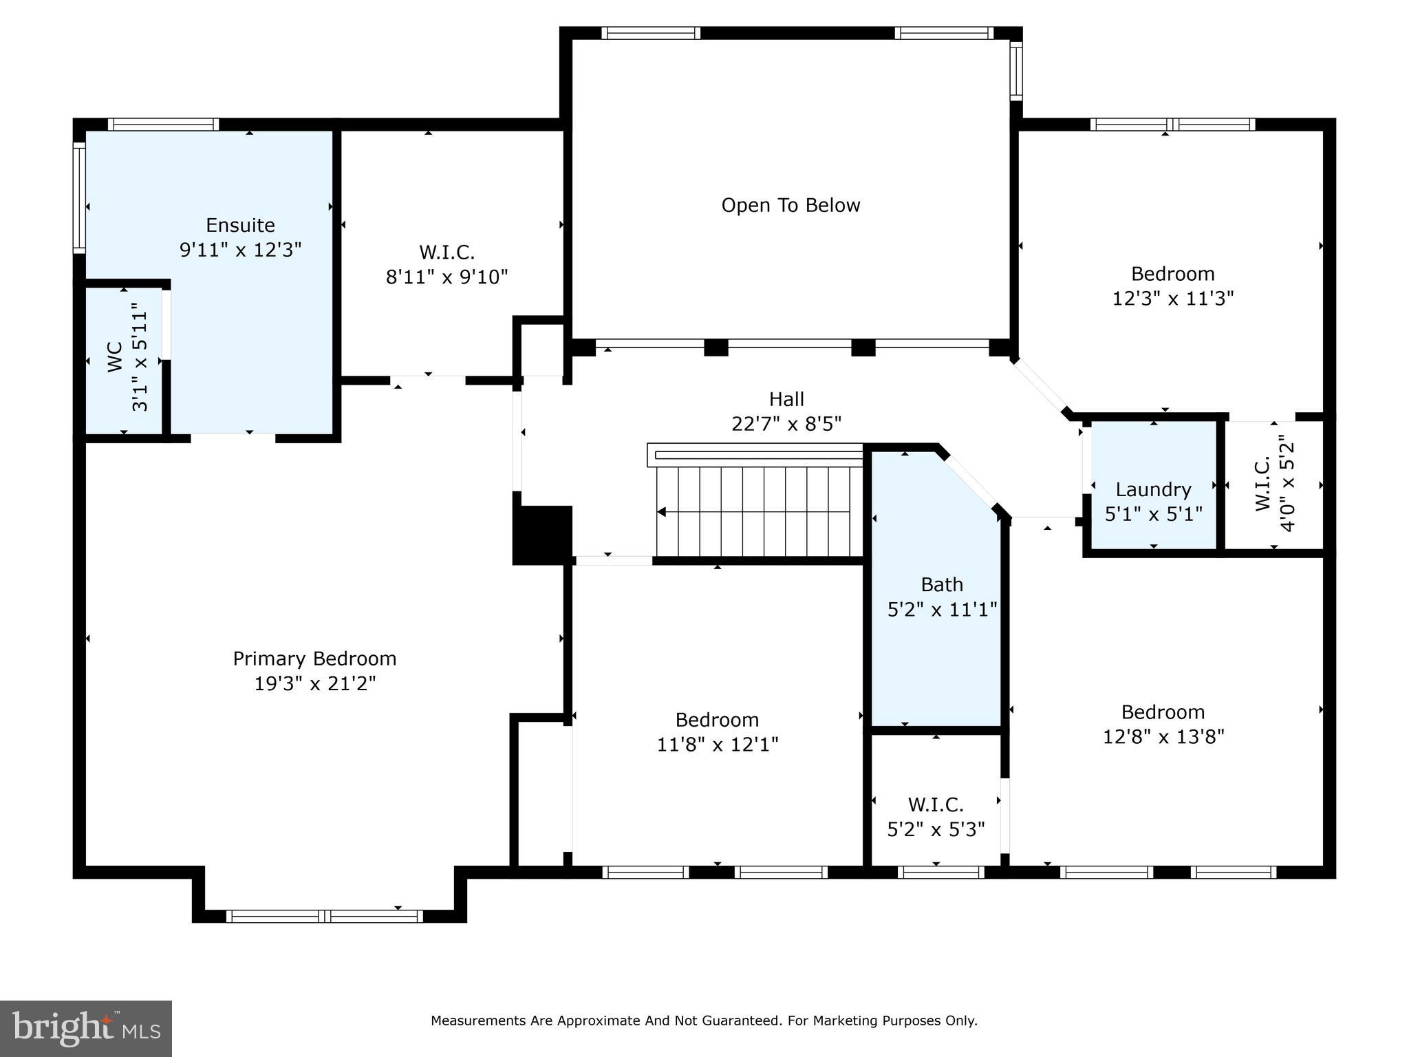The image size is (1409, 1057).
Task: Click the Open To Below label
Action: tap(790, 205)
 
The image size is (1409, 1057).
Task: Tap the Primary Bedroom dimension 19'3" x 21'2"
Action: tap(315, 684)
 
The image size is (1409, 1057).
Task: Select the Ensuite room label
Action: tap(240, 225)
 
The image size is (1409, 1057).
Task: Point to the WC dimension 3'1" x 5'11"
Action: tap(140, 358)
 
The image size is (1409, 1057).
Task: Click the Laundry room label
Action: tap(1153, 489)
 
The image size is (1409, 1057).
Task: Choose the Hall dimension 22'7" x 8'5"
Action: tap(786, 424)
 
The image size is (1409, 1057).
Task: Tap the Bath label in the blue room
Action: tap(942, 584)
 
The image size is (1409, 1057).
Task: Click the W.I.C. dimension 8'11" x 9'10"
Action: tap(447, 277)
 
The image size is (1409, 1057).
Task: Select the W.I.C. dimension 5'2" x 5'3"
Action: tap(936, 829)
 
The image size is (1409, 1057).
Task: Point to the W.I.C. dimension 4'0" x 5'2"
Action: tap(1287, 482)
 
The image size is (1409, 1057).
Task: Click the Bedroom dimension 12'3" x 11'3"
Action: tap(1172, 299)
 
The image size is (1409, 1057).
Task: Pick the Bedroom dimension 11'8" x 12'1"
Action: tap(717, 745)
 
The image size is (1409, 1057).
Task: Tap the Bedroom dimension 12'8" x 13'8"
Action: tap(1163, 737)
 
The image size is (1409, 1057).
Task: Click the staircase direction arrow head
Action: tap(662, 512)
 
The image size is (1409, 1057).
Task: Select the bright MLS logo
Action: tap(86, 1028)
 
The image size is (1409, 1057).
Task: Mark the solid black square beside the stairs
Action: tap(544, 535)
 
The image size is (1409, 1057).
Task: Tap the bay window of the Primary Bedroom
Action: tap(324, 916)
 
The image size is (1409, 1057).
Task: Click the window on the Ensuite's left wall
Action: tap(80, 197)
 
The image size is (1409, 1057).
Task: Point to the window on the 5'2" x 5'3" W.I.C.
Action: tap(940, 872)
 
